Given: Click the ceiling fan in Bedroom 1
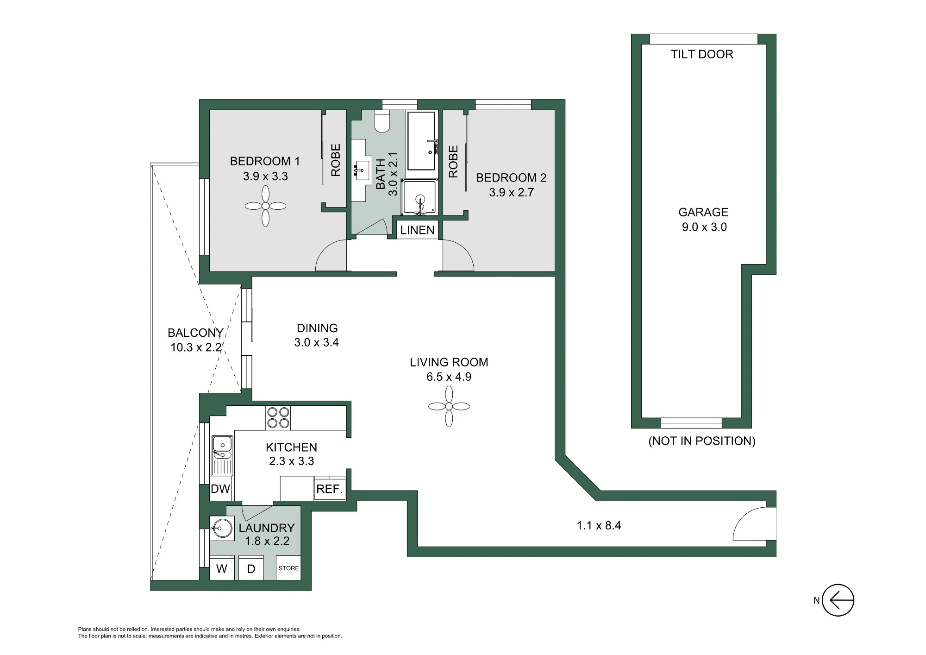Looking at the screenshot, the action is (265, 206).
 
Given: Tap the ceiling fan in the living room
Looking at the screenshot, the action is (449, 407).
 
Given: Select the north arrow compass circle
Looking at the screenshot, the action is (838, 600).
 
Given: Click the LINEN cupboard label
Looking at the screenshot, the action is (417, 230).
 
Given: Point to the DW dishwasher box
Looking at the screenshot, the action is (220, 488).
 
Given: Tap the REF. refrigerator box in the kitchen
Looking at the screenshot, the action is (330, 489).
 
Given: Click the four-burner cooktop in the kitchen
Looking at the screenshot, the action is (278, 417).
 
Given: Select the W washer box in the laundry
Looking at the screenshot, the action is (222, 568).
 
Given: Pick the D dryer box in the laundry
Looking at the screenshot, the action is (251, 568).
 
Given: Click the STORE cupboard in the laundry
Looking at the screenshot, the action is (288, 568).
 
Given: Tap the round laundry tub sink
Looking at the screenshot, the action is (222, 528).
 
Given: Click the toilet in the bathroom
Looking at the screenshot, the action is (382, 121).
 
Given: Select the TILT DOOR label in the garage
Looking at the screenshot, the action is (702, 54).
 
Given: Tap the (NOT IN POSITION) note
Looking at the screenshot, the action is (702, 441).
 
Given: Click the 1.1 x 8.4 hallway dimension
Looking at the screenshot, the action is (599, 525).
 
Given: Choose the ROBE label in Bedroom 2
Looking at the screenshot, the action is (453, 161).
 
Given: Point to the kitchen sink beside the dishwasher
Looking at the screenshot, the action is (222, 455).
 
